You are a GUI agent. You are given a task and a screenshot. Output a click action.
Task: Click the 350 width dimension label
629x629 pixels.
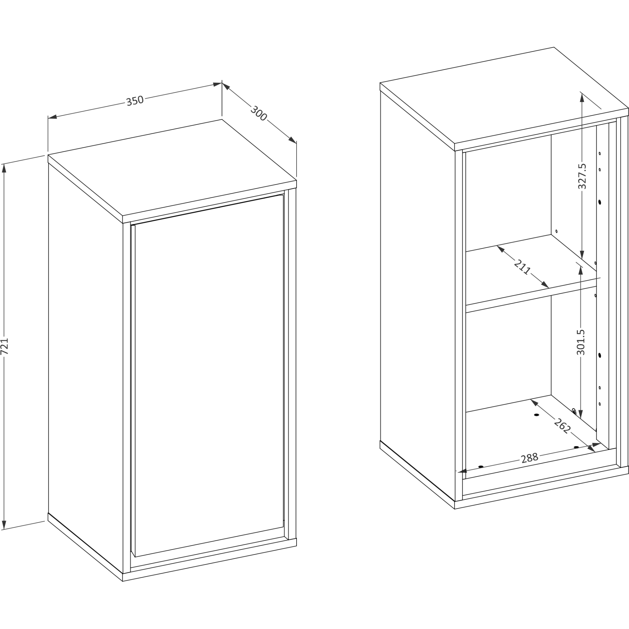tap(135, 101)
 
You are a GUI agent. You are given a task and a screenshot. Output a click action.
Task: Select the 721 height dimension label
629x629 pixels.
tap(4, 346)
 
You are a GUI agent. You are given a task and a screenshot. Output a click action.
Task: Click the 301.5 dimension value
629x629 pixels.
tap(581, 342)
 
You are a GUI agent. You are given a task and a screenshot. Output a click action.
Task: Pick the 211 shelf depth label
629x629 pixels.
tap(522, 267)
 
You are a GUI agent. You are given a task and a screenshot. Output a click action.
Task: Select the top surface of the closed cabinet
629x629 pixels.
tap(172, 168)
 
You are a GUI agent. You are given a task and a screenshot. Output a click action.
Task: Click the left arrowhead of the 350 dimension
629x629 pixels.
tap(53, 117)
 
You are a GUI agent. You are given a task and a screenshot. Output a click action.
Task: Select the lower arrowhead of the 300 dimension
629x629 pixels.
tap(292, 140)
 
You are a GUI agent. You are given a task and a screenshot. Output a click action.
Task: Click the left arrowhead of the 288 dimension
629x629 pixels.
tap(463, 471)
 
